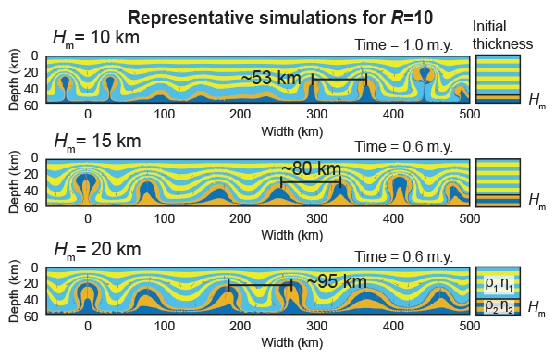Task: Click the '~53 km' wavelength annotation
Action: point(271,78)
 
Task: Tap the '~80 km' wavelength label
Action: point(311,168)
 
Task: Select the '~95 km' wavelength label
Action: point(337,280)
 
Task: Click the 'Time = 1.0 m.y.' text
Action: point(403,45)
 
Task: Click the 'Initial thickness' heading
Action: point(502,35)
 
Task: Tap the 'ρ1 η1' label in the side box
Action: point(497,282)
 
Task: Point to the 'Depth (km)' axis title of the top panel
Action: point(15,81)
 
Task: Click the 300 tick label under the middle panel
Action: point(317,218)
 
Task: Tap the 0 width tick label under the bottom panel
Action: point(88,327)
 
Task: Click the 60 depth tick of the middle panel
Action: point(31,207)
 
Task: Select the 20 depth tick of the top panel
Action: point(31,72)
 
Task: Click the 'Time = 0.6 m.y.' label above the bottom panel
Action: point(403,256)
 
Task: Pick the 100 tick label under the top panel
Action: point(164,113)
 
